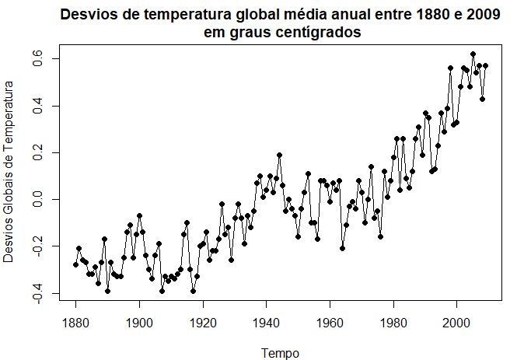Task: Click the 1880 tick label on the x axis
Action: pyautogui.click(x=75, y=323)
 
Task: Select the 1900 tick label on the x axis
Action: pyautogui.click(x=139, y=323)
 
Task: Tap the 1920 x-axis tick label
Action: pyautogui.click(x=203, y=323)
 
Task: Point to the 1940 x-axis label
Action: pyautogui.click(x=266, y=323)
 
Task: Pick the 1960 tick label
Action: pyautogui.click(x=330, y=323)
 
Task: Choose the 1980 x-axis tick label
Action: pyautogui.click(x=393, y=323)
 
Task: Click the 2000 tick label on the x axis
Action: pyautogui.click(x=456, y=323)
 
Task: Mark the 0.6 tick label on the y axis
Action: pyautogui.click(x=37, y=58)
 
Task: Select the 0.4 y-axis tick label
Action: pyautogui.click(x=37, y=106)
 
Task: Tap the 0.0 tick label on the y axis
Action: pyautogui.click(x=37, y=200)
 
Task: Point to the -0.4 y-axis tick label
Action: pyautogui.click(x=37, y=293)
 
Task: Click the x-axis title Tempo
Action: pyautogui.click(x=280, y=353)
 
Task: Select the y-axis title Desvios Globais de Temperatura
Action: pyautogui.click(x=9, y=172)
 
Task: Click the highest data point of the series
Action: pyautogui.click(x=473, y=54)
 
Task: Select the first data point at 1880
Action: pyautogui.click(x=76, y=264)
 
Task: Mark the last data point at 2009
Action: pyautogui.click(x=485, y=66)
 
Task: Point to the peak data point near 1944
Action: pyautogui.click(x=279, y=155)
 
